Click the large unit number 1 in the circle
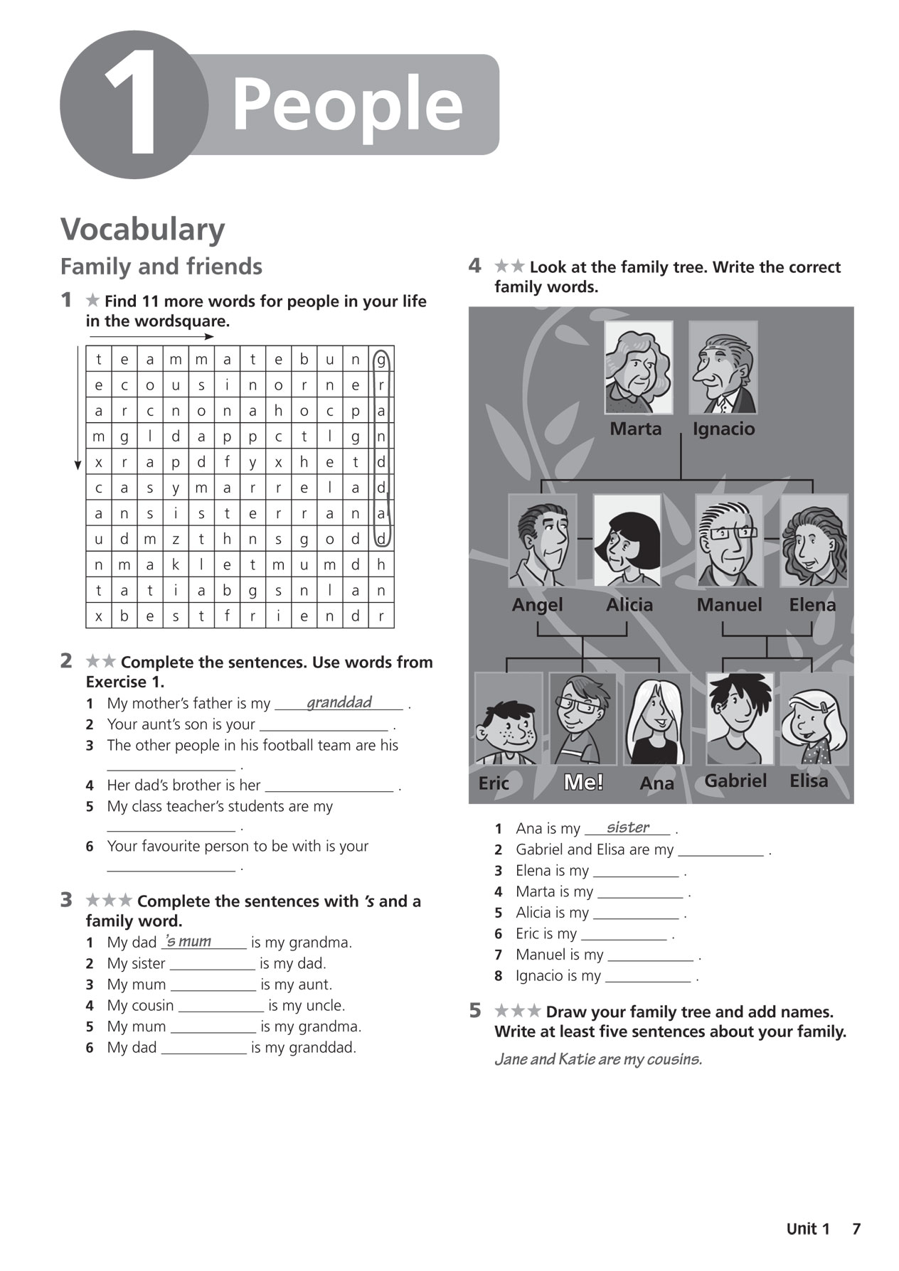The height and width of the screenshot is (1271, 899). click(133, 104)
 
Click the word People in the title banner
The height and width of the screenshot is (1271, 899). click(347, 104)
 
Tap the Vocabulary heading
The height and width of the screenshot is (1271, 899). click(142, 229)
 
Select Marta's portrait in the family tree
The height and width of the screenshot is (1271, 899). click(638, 367)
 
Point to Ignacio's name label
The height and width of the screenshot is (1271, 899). click(723, 429)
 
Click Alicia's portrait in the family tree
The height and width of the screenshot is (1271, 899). click(627, 540)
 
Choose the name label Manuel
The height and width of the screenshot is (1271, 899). click(729, 605)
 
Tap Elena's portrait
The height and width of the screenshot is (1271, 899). click(814, 540)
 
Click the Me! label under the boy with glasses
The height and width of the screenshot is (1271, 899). click(583, 783)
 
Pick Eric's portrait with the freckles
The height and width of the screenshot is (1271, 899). click(508, 718)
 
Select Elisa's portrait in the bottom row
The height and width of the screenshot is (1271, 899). click(814, 718)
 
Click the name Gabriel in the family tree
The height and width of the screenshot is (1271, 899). click(735, 781)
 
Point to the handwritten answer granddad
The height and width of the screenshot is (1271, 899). click(339, 702)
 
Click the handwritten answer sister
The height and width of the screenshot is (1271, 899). click(628, 827)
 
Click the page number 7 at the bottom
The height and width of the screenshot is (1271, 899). click(856, 1229)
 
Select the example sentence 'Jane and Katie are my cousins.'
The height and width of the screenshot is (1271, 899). click(598, 1059)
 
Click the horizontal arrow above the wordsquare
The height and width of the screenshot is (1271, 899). click(151, 337)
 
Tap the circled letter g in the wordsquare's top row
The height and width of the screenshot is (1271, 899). click(381, 360)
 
